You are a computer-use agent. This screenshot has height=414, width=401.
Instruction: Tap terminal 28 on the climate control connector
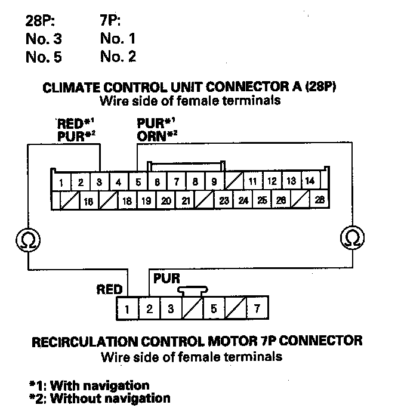tap(319, 200)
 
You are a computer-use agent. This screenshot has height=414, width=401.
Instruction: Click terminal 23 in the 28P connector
tap(224, 200)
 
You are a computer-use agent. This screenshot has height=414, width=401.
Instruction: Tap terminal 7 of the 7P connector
tap(257, 309)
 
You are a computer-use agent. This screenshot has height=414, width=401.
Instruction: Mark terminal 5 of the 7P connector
tap(214, 309)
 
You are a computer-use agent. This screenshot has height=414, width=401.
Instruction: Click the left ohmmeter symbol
tap(27, 239)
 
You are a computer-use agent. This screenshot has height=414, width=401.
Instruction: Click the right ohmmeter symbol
tap(351, 239)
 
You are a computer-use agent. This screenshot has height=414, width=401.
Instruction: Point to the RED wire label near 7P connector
tap(109, 290)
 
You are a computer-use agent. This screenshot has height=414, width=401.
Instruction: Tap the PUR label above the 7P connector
tap(167, 278)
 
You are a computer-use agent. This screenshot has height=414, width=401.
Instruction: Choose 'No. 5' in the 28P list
tap(44, 57)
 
